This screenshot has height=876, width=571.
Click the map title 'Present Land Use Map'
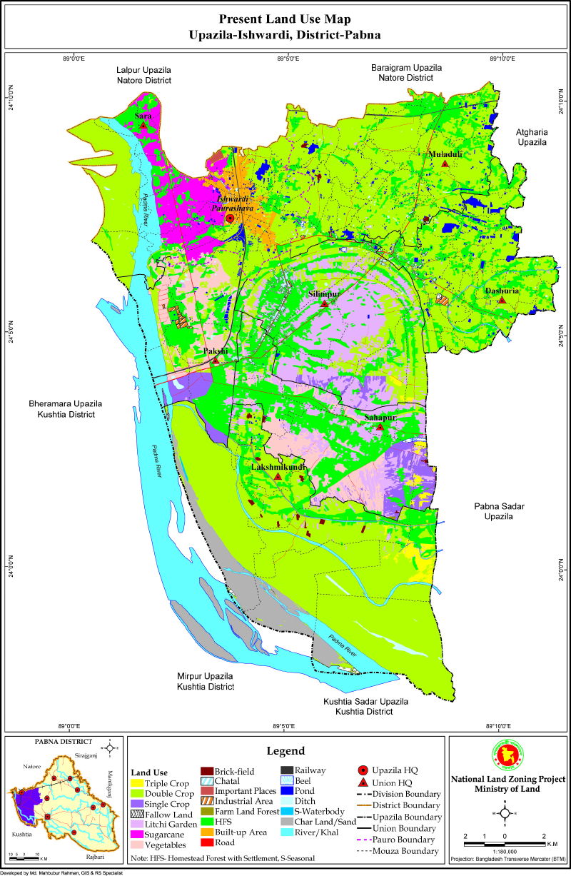[x=285, y=19]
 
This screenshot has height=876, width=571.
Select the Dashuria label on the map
[x=502, y=291]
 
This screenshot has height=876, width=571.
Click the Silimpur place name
[x=324, y=293]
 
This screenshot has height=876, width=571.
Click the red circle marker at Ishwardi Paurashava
[x=230, y=218]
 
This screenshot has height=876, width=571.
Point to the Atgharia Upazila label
[x=531, y=137]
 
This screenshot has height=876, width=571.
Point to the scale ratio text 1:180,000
[x=505, y=852]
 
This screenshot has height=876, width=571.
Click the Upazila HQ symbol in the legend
[x=363, y=770]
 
